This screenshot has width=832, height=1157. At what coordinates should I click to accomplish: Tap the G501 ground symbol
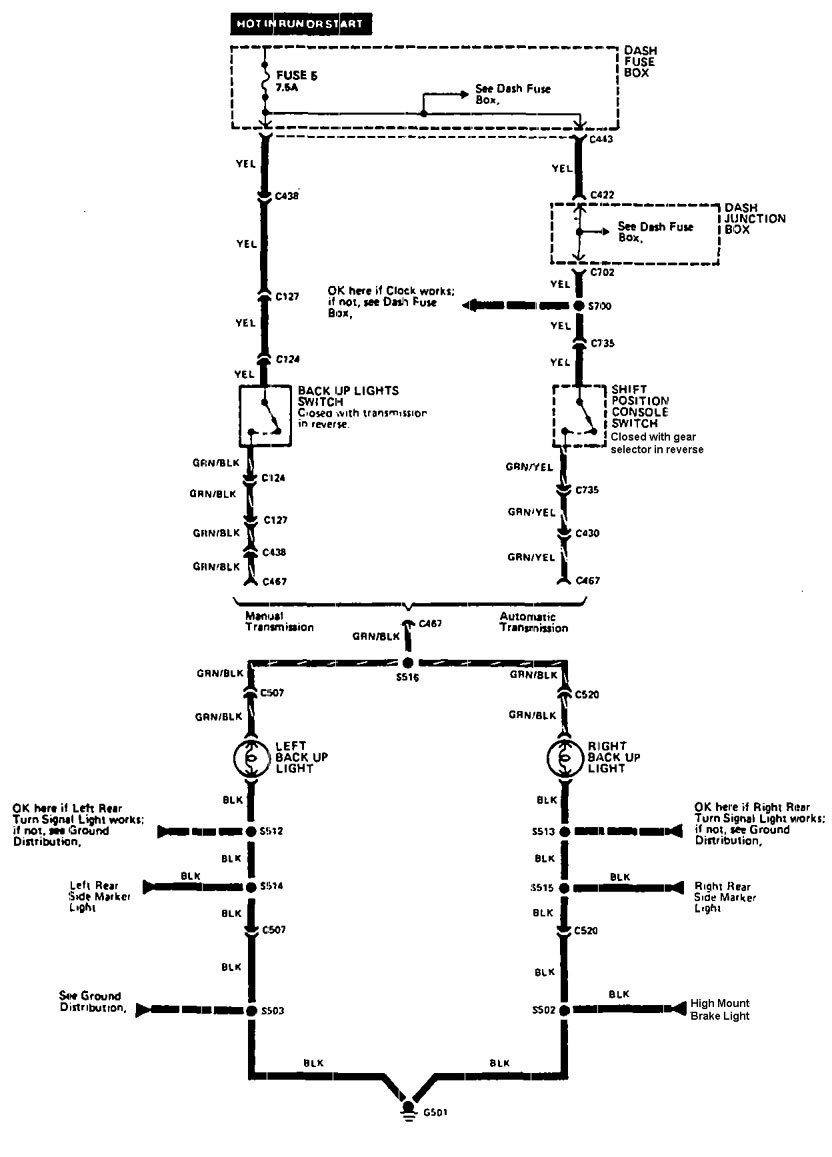click(x=409, y=1111)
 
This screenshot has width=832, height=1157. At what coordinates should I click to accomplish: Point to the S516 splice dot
click(x=409, y=662)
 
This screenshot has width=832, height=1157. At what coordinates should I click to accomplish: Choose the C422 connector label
click(x=602, y=195)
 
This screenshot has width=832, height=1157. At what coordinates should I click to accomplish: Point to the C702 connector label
click(x=602, y=272)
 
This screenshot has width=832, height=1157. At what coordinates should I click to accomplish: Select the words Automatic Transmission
click(x=533, y=622)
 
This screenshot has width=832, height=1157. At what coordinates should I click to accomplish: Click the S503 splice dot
click(x=251, y=1011)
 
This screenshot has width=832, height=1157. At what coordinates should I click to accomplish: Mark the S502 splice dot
click(x=565, y=1011)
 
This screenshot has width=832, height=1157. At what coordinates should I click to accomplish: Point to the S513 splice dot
click(x=565, y=831)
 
